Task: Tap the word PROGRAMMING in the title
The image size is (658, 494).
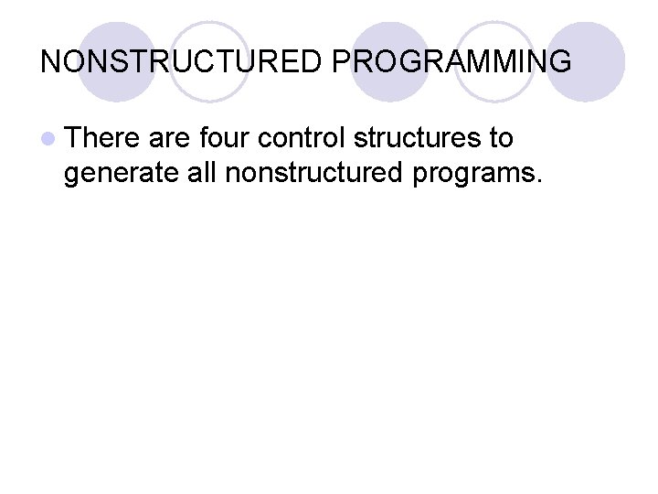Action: (x=451, y=62)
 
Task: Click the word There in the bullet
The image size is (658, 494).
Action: (x=102, y=138)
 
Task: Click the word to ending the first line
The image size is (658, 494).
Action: (x=502, y=138)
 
